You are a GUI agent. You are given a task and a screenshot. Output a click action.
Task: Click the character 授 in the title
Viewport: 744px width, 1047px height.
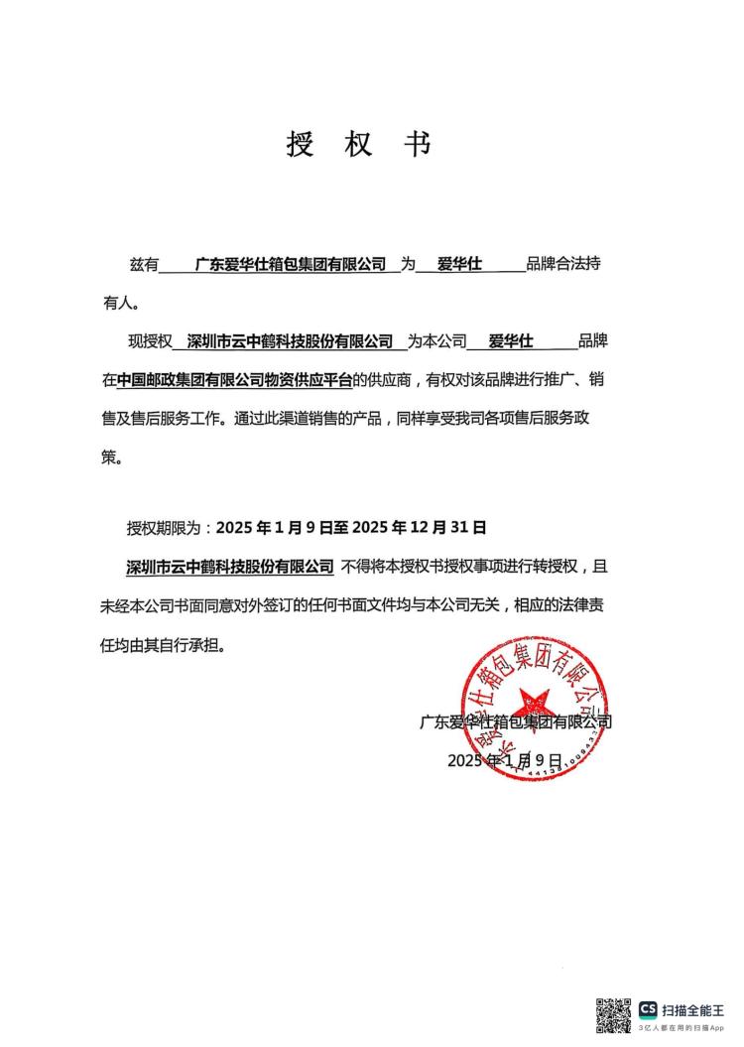[x=300, y=145]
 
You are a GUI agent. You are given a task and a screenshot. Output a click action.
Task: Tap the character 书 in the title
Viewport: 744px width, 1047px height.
[x=417, y=145]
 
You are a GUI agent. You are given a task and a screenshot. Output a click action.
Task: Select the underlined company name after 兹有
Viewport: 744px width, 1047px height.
[x=291, y=265]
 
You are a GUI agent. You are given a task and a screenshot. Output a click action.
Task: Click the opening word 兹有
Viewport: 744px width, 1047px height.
[x=144, y=266]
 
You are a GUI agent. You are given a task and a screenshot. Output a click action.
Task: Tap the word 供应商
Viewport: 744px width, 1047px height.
[x=394, y=380]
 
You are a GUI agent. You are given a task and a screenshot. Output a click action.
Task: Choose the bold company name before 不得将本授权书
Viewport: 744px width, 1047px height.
[x=230, y=567]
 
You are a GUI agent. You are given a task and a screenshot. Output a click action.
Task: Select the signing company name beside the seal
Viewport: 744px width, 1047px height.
[x=515, y=722]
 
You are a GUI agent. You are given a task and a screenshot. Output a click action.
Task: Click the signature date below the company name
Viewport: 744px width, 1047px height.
[x=504, y=760]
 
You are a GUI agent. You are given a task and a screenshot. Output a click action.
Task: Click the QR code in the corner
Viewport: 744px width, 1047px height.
[x=613, y=1016]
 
